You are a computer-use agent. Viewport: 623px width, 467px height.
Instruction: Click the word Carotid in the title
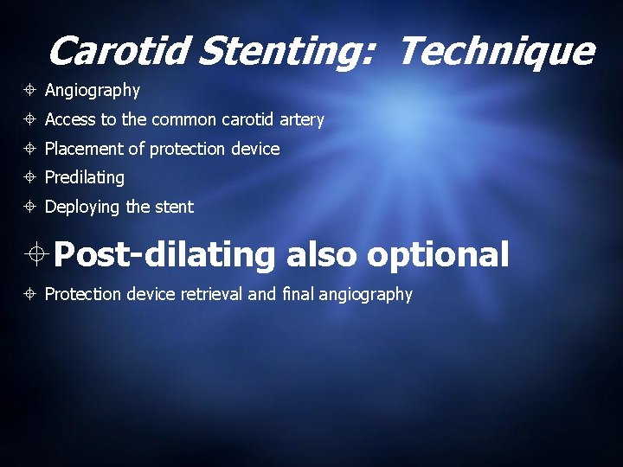click(x=118, y=51)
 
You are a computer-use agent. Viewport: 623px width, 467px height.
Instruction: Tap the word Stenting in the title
click(x=286, y=52)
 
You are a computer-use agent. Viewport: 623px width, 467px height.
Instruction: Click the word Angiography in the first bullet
click(x=92, y=91)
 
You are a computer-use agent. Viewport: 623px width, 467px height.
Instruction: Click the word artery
click(x=300, y=120)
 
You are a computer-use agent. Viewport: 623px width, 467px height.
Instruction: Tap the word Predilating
click(x=84, y=178)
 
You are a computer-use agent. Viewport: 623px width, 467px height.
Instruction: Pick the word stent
click(x=175, y=207)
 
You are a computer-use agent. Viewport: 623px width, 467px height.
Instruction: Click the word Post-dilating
click(x=164, y=255)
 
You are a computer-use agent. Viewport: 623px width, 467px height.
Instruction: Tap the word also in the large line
click(x=321, y=255)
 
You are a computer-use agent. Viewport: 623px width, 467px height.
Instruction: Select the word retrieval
click(x=211, y=294)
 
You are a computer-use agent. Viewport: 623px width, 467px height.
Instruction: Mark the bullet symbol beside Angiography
click(x=30, y=91)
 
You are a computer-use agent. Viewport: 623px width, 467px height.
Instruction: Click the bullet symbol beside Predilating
click(x=30, y=178)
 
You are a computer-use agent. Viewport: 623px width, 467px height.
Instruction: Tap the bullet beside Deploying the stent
click(x=30, y=208)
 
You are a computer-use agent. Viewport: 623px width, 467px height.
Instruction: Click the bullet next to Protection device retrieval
click(x=30, y=295)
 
